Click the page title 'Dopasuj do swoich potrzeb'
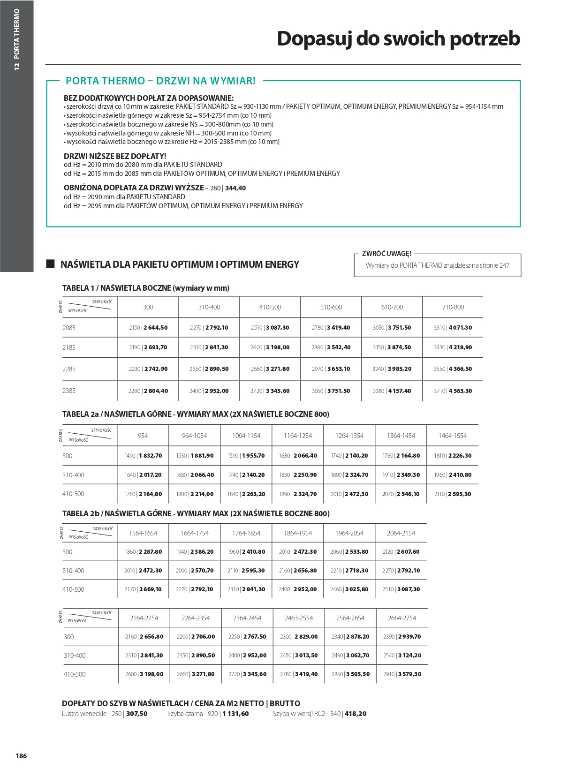[x=398, y=38]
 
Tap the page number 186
[x=21, y=755]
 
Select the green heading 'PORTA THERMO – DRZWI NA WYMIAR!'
[x=160, y=81]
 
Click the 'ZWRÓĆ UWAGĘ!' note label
[x=386, y=254]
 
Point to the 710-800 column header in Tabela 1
[x=453, y=307]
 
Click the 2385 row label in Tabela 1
[x=69, y=391]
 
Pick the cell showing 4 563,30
[x=453, y=391]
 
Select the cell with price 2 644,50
[x=148, y=328]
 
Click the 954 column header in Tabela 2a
[x=143, y=436]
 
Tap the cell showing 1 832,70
[x=143, y=455]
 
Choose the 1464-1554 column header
[x=453, y=436]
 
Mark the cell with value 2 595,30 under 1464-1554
[x=453, y=494]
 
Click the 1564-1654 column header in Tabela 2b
[x=143, y=533]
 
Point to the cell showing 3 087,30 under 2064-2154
[x=401, y=589]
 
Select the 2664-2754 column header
[x=402, y=618]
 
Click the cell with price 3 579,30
[x=402, y=674]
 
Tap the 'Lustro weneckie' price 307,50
[x=137, y=714]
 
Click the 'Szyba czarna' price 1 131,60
[x=236, y=714]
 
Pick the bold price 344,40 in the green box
[x=235, y=188]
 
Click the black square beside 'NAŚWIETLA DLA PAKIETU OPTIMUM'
[x=51, y=264]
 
